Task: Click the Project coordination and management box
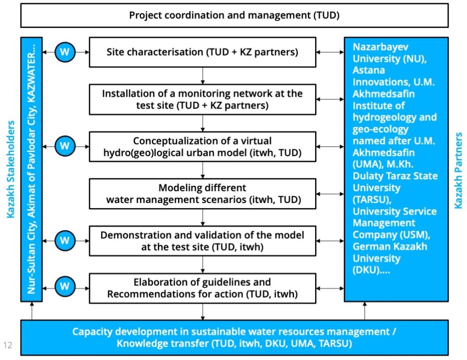(x=234, y=15)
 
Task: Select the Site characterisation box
(x=202, y=52)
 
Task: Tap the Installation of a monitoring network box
(x=202, y=99)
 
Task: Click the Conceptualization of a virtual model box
(x=202, y=146)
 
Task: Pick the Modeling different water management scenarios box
(x=202, y=194)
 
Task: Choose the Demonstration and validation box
(x=202, y=241)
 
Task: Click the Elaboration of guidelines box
(x=202, y=288)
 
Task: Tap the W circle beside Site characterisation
(x=65, y=52)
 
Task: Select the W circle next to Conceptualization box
(x=65, y=146)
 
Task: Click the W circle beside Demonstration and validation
(x=65, y=240)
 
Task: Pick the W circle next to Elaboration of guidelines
(x=65, y=287)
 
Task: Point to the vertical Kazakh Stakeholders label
(x=10, y=169)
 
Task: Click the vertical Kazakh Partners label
(x=458, y=171)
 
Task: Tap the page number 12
(x=8, y=345)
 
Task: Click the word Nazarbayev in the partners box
(x=380, y=47)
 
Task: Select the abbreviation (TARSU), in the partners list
(x=372, y=199)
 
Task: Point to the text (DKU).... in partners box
(x=371, y=270)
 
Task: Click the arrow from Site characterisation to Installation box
(x=202, y=76)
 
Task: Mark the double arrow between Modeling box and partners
(x=330, y=194)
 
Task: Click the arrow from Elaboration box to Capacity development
(x=202, y=312)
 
